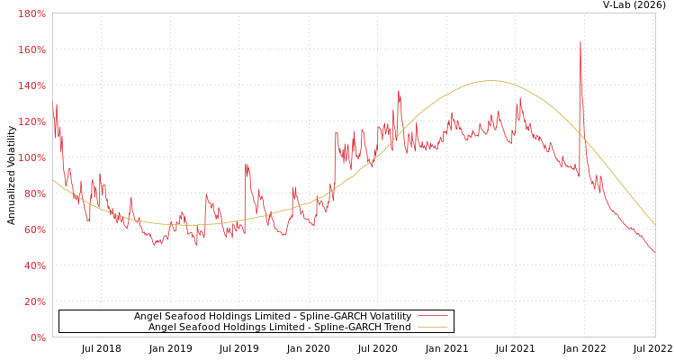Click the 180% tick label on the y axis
(31, 13)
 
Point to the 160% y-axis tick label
(31, 49)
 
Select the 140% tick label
(31, 85)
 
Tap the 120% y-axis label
(31, 121)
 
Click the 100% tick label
(31, 157)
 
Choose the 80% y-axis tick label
(34, 193)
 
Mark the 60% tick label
(34, 229)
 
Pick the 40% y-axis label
(34, 265)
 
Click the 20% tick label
(34, 301)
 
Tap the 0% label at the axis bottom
(37, 337)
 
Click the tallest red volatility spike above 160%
(580, 42)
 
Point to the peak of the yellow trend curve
(489, 81)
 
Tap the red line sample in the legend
(433, 316)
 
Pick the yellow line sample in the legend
(433, 327)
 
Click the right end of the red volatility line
(654, 252)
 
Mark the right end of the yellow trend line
(654, 224)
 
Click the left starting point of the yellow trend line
(53, 180)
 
